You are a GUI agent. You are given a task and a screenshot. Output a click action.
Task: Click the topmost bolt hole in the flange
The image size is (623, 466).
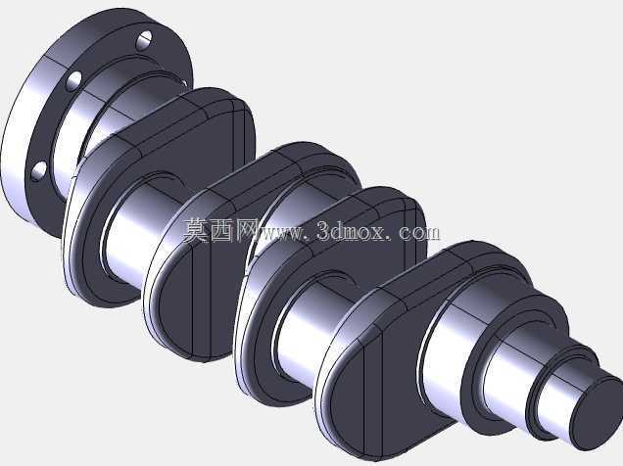(145, 40)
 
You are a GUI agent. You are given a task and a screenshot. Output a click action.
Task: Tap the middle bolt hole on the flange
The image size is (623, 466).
(74, 80)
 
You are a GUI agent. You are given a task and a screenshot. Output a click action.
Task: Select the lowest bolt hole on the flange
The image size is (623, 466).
(39, 171)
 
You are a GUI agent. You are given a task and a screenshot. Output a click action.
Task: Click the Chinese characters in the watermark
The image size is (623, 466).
(217, 230)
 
